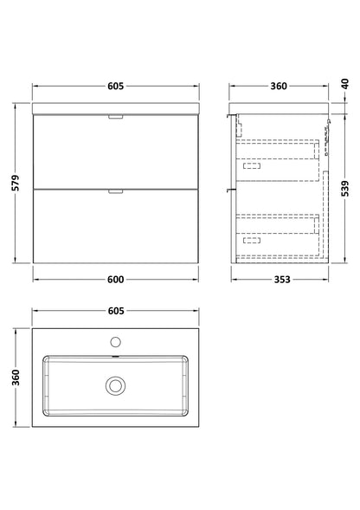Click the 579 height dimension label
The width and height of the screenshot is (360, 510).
pos(16,183)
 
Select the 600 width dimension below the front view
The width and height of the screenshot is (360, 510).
pos(115,280)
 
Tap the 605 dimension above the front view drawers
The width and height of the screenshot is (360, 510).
pos(115,86)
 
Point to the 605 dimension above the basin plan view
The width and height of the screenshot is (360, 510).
pos(116,311)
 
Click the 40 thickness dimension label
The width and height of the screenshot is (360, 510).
pos(345,84)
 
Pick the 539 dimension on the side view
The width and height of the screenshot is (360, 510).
pos(345,189)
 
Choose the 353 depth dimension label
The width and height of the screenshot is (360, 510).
pos(281,280)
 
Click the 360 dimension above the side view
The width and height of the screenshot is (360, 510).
pos(279,86)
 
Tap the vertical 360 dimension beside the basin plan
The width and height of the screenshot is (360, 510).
pos(16,378)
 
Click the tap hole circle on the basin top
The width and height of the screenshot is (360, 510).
pos(115,342)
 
